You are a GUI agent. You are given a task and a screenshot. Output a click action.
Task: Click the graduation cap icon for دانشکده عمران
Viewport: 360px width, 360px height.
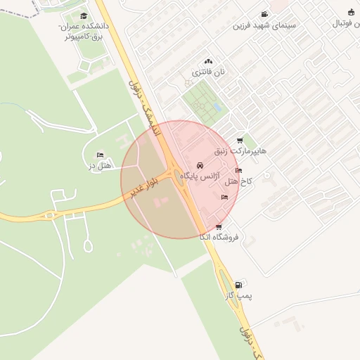pos(84,15)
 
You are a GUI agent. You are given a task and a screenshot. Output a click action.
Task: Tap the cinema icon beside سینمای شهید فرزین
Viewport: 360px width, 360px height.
pos(264,15)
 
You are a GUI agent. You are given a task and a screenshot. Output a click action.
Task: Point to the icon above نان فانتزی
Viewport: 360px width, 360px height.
pos(207,62)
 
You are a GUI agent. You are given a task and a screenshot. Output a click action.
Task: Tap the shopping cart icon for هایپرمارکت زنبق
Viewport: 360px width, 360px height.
pos(240,141)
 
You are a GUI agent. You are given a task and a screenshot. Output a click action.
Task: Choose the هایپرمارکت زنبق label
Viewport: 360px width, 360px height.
pos(243,151)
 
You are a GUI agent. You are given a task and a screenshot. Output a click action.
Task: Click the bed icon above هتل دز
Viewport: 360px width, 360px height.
pos(100,155)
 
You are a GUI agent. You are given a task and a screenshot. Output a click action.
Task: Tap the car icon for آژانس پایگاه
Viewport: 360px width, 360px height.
pos(200,165)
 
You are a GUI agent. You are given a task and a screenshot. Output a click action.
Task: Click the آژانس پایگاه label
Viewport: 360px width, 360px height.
pos(200,175)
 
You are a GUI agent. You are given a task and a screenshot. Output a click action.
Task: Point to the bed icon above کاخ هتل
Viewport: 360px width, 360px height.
pos(238,171)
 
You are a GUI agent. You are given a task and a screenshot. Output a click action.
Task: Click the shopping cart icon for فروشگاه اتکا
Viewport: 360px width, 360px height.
pos(219,226)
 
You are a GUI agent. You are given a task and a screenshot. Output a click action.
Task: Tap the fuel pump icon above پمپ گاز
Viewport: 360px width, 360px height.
pos(238,285)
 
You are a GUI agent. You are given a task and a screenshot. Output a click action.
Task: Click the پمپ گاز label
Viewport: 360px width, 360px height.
pos(238,296)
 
